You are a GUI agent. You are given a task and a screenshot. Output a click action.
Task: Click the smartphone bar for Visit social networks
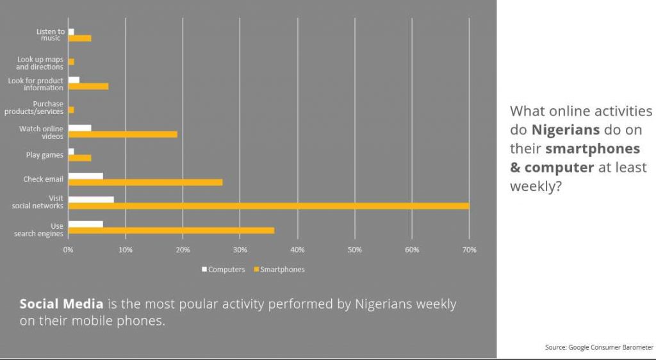point(268,206)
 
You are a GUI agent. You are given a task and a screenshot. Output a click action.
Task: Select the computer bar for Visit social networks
point(91,199)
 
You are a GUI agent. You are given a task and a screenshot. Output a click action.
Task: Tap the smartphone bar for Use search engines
point(171,231)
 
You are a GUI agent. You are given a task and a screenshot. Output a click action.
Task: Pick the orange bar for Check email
point(145,183)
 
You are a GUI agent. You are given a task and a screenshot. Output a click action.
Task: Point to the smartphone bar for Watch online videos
point(122,135)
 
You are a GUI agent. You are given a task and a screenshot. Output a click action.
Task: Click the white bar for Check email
point(85,176)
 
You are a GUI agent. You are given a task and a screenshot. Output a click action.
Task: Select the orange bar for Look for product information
point(88,86)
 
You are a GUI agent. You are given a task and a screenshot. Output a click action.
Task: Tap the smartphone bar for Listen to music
point(79,38)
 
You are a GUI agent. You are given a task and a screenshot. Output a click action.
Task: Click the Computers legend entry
point(224,270)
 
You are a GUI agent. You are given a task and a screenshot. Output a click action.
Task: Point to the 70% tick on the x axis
point(470,250)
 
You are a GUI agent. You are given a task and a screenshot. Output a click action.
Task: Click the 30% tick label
point(240,250)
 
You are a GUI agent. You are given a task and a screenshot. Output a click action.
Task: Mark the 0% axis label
point(69,250)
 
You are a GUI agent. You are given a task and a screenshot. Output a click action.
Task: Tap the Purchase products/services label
point(40,108)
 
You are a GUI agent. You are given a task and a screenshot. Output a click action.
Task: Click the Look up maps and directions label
point(40,63)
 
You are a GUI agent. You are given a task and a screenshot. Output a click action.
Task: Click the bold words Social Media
point(61,304)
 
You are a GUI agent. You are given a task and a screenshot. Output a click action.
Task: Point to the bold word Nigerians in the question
point(566,130)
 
